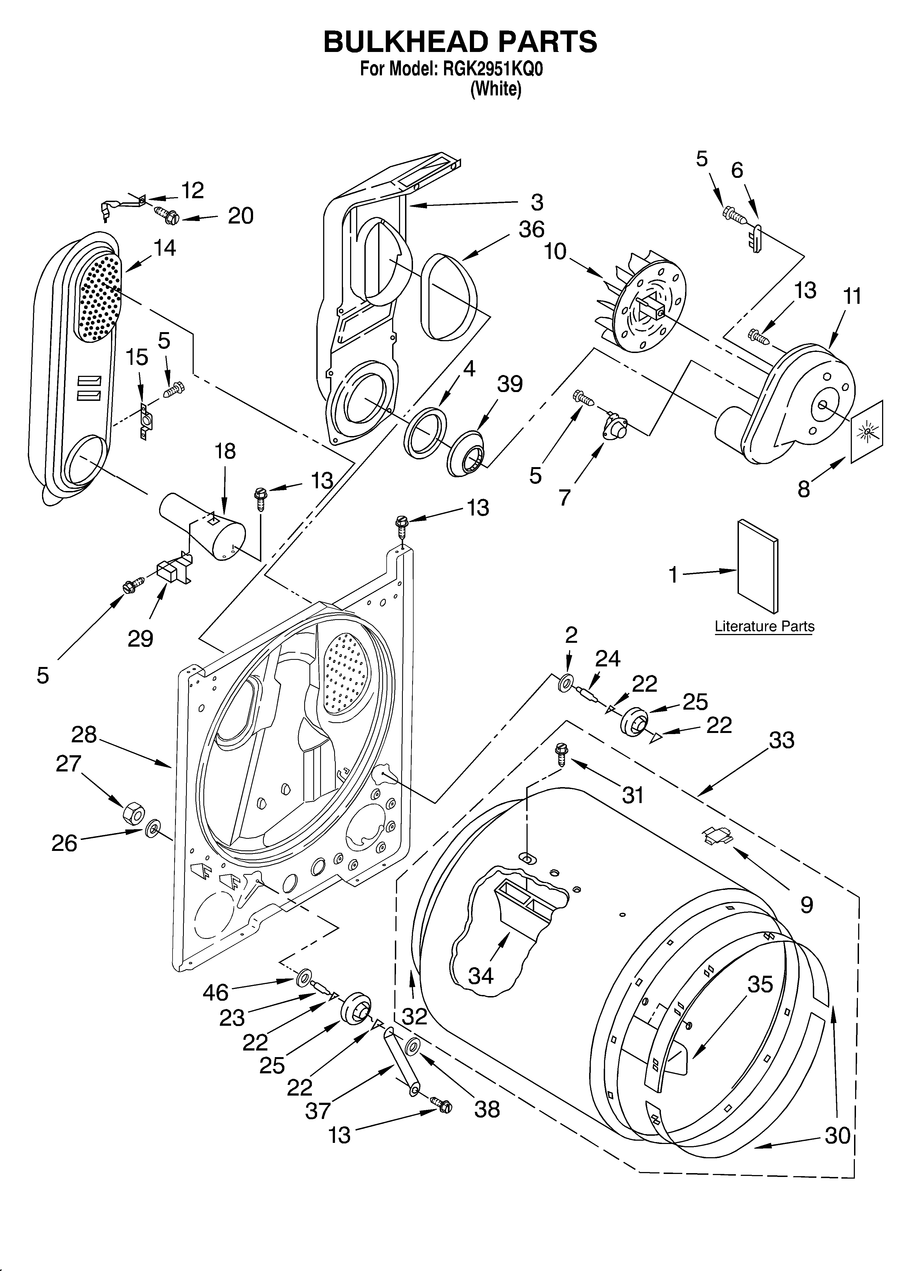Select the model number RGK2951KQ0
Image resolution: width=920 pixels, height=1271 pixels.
(x=493, y=70)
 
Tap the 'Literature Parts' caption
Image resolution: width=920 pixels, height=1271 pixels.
(x=764, y=627)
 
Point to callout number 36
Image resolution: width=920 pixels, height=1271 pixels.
(x=531, y=229)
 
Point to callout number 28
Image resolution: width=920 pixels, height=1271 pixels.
(x=84, y=734)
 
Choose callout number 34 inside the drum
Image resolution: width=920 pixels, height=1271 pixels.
(x=481, y=976)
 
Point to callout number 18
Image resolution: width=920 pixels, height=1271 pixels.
(x=225, y=451)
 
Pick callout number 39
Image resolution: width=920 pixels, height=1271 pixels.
(x=510, y=384)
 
